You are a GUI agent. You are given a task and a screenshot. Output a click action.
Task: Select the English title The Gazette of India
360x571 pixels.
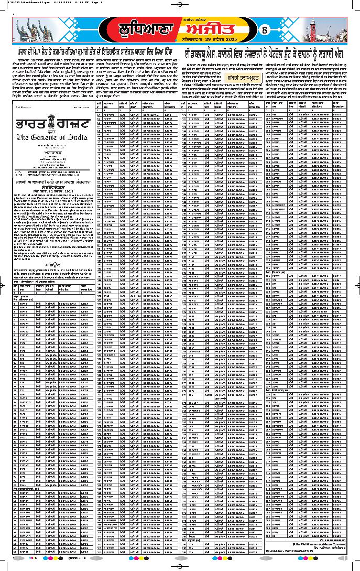tap(52, 137)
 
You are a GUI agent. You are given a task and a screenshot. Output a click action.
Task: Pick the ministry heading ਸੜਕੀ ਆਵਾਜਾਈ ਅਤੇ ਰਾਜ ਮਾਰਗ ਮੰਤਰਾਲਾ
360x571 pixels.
tap(52, 181)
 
